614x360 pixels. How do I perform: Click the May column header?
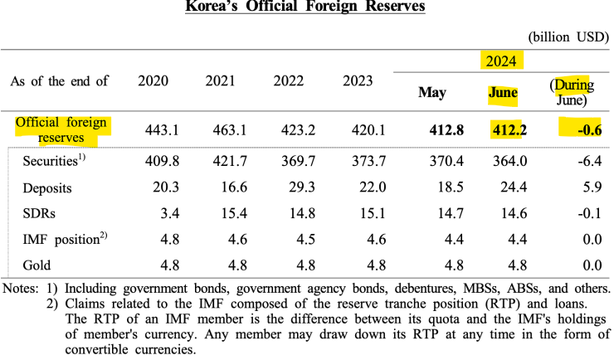point(431,92)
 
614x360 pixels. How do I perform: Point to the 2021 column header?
point(222,81)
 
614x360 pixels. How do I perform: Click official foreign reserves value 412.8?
point(431,129)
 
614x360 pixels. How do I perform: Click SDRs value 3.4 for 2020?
point(153,214)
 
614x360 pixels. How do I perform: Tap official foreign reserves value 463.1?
point(222,129)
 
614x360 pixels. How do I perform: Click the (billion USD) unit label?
point(568,36)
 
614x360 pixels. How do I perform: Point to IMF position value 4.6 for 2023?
point(358,241)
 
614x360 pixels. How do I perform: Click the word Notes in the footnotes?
point(20,289)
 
